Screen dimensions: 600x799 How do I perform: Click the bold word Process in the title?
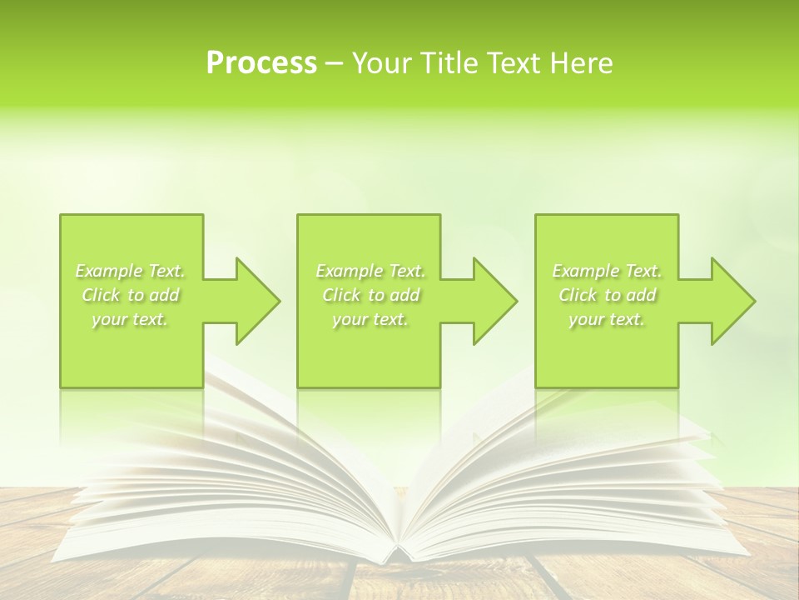click(261, 63)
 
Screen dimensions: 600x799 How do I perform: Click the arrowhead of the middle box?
click(494, 301)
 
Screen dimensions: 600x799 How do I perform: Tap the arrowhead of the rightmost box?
click(732, 301)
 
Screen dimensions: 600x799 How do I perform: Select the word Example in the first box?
click(109, 271)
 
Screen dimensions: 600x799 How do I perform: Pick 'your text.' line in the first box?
click(130, 319)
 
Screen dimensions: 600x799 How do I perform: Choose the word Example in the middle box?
click(350, 271)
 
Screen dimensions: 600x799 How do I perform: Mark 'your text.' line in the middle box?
click(370, 319)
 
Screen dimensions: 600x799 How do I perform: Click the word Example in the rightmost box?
click(586, 271)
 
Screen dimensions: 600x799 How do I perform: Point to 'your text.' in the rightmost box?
click(607, 319)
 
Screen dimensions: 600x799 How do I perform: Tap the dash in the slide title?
click(335, 64)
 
